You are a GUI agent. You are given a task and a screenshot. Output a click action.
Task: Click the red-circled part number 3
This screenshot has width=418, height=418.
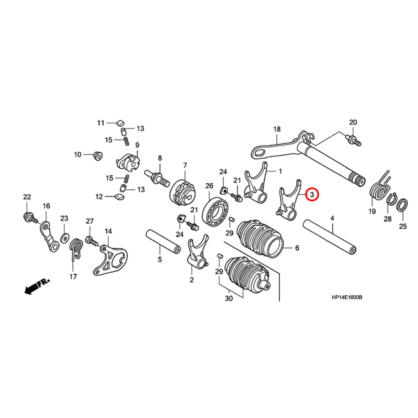(x=312, y=194)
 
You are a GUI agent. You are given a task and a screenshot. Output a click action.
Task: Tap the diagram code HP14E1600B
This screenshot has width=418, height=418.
(x=347, y=298)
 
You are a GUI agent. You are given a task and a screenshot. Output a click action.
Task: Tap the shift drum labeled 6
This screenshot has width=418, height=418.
(x=261, y=236)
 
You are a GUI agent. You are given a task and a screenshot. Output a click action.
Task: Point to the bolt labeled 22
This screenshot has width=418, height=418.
(x=28, y=217)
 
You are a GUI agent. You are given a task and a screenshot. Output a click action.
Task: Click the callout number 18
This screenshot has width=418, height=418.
(x=277, y=130)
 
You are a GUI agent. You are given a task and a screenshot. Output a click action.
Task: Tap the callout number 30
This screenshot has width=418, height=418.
(x=229, y=299)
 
